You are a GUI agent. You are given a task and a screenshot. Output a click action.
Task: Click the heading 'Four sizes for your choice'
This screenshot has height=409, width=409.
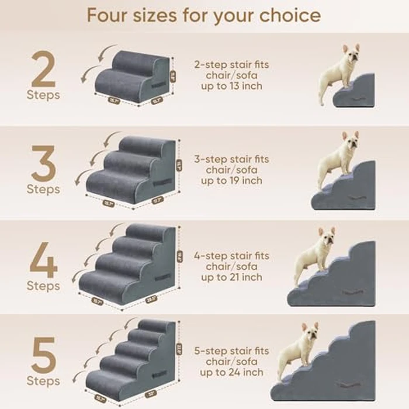coord(203,15)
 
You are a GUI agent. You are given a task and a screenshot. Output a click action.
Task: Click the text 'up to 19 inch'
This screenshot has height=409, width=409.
coord(231,181)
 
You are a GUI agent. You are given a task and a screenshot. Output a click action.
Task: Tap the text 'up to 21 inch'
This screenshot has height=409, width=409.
coord(231,277)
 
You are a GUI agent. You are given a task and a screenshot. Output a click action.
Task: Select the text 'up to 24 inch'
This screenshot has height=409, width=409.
coord(231,372)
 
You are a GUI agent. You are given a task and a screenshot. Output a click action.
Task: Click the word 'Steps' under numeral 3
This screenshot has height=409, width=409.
coord(43,189)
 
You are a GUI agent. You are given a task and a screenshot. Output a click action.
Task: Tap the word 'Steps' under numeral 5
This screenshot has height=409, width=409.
coord(43,382)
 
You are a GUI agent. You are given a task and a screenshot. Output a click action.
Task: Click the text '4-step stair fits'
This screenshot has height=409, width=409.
coord(231,256)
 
